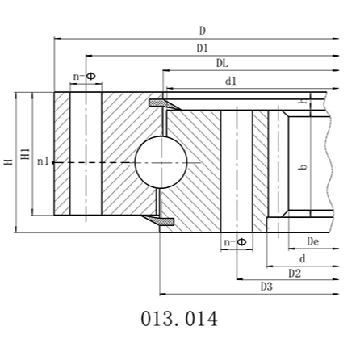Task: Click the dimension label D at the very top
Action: pos(202,31)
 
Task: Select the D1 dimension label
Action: pos(202,48)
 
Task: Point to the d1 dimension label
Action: pos(231,80)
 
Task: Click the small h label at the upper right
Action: pos(301,100)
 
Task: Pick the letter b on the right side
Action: pos(303,167)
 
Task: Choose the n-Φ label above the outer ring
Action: pos(84,77)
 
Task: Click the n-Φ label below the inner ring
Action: pos(235,241)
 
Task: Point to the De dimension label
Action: pos(312,241)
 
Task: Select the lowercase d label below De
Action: pos(302,258)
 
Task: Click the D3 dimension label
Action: pos(266,287)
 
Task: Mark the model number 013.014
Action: pos(179,319)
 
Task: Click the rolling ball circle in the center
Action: pos(160,161)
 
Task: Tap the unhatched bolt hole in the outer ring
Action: pos(84,153)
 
